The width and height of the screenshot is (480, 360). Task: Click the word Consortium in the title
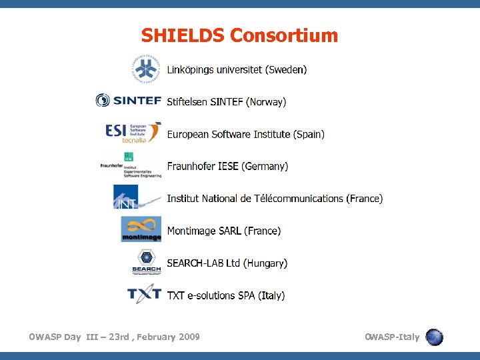coord(284,35)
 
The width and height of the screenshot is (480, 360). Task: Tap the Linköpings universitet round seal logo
coord(146,68)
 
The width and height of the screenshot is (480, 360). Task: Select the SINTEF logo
coord(129,101)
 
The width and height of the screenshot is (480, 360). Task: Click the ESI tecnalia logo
coord(133,132)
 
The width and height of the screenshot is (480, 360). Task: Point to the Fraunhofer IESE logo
coord(131,165)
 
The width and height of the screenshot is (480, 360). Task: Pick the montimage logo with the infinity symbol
coord(141,229)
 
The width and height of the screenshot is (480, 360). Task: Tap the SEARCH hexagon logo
coord(147,261)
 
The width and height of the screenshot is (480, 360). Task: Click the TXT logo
coord(144,294)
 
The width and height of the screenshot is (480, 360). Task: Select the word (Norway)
coord(266,102)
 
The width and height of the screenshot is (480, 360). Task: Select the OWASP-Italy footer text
coord(392,337)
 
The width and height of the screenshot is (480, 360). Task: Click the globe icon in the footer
coord(435,337)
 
